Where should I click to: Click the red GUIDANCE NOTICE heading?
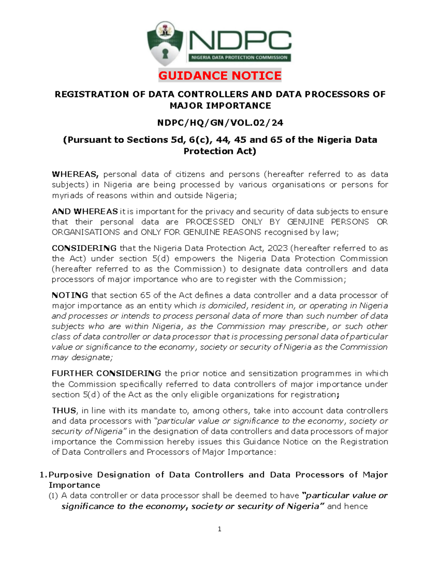220,75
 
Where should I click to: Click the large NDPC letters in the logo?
240,41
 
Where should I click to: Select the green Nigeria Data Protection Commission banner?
239,58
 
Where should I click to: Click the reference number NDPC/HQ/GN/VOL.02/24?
220,123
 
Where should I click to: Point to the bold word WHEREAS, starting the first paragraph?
75,174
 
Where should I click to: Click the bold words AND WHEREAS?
85,211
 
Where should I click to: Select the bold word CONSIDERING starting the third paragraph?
84,248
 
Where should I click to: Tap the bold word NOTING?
70,295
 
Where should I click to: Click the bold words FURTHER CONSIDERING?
106,373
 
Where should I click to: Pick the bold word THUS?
64,411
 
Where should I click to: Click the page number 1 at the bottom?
219,529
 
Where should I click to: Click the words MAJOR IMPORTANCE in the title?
220,106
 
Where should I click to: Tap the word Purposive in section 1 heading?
70,475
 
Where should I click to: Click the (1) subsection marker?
54,496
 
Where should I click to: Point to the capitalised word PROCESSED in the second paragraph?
210,222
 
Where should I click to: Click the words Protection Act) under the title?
220,151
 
